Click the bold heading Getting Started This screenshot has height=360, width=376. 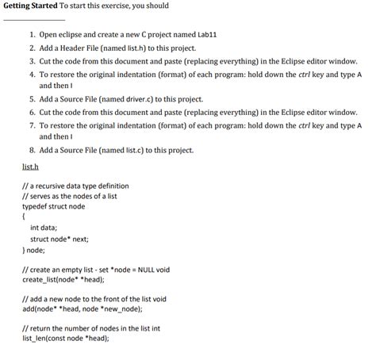[30, 6]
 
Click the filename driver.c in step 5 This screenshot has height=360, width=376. [128, 100]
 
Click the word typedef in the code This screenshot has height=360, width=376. [36, 205]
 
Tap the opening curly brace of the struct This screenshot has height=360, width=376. [25, 215]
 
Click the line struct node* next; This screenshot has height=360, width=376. [59, 238]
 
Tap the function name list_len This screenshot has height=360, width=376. [35, 338]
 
